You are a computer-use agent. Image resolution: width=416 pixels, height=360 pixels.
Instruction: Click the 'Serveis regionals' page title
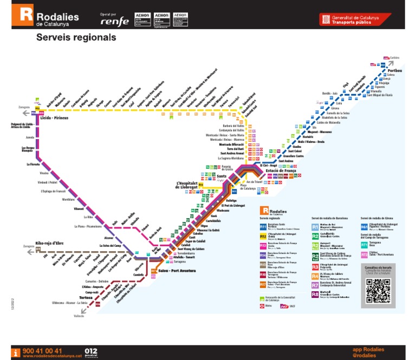point(76,38)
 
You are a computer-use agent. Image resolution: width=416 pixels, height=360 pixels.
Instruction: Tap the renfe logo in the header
point(115,21)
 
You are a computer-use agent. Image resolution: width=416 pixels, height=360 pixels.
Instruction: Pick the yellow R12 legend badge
point(263,237)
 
